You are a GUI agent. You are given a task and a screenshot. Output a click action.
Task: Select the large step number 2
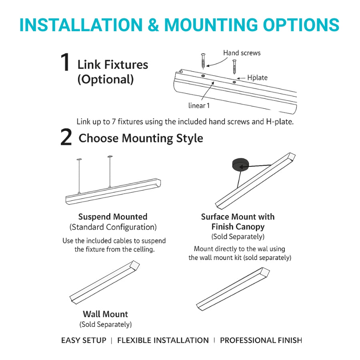[66, 137]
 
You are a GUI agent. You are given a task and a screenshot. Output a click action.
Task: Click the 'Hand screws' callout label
[242, 53]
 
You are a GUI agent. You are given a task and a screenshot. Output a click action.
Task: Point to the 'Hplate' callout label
[257, 78]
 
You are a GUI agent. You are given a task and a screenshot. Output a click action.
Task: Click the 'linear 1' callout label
[199, 106]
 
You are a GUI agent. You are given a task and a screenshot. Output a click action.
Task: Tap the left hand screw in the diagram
[203, 61]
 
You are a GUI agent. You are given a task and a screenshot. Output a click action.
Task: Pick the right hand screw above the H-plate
[234, 66]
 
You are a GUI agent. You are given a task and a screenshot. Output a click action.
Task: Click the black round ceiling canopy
[240, 164]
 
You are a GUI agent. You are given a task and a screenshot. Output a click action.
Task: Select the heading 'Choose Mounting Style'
[141, 138]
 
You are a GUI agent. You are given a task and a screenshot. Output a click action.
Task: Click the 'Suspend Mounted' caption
[113, 217]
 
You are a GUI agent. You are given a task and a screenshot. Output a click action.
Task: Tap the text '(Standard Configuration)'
[113, 227]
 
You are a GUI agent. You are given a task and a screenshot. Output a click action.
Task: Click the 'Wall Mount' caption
[105, 314]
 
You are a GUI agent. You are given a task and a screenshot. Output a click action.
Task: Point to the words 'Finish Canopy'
[238, 227]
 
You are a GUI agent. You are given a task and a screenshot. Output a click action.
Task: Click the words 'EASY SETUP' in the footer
[84, 340]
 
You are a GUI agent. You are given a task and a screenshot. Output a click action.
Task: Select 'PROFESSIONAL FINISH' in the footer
[261, 340]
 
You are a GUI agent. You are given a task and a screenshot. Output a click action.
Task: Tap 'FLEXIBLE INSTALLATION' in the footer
[163, 340]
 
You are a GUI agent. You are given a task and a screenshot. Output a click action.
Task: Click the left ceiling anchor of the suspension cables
[79, 159]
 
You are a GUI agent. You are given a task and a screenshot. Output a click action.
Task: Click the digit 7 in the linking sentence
[114, 122]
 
